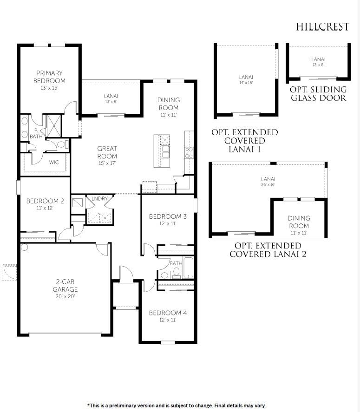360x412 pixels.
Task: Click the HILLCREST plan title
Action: click(x=323, y=26)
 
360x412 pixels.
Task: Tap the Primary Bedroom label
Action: click(x=49, y=77)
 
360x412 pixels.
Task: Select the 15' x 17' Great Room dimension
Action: click(x=107, y=163)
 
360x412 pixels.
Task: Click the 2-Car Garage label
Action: click(x=65, y=285)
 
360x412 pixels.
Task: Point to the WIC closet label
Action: click(x=53, y=163)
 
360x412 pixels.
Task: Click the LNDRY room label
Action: click(x=99, y=199)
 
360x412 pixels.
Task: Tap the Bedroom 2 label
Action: click(x=45, y=201)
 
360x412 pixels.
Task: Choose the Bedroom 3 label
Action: click(x=168, y=216)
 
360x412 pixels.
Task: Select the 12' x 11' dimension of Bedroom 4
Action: click(x=168, y=320)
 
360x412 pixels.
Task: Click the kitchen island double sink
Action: click(x=165, y=152)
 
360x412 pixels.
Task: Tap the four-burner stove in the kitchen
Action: click(x=189, y=153)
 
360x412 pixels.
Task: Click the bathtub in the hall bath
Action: click(x=189, y=268)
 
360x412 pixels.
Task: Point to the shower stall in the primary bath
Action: click(x=53, y=125)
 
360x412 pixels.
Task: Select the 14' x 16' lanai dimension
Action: click(x=246, y=83)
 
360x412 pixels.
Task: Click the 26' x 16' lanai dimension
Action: click(x=268, y=184)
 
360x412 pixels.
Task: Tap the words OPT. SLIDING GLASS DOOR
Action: click(x=319, y=94)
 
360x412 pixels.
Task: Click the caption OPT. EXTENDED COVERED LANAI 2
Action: click(x=268, y=250)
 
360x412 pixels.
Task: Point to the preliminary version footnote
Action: click(x=177, y=405)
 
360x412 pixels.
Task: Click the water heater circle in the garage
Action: click(x=24, y=247)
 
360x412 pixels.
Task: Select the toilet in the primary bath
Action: click(x=62, y=144)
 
